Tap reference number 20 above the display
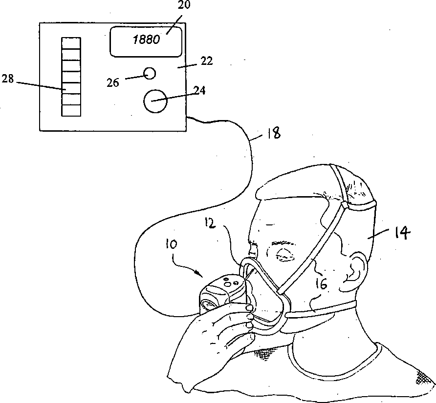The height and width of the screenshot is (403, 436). [x=171, y=6]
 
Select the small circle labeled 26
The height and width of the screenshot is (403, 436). [x=150, y=73]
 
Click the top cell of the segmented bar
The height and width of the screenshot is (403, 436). [x=70, y=41]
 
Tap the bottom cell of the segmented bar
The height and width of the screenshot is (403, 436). [x=70, y=110]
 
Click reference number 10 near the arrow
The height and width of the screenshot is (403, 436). [x=172, y=243]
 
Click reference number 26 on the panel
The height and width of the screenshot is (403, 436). [x=113, y=82]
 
